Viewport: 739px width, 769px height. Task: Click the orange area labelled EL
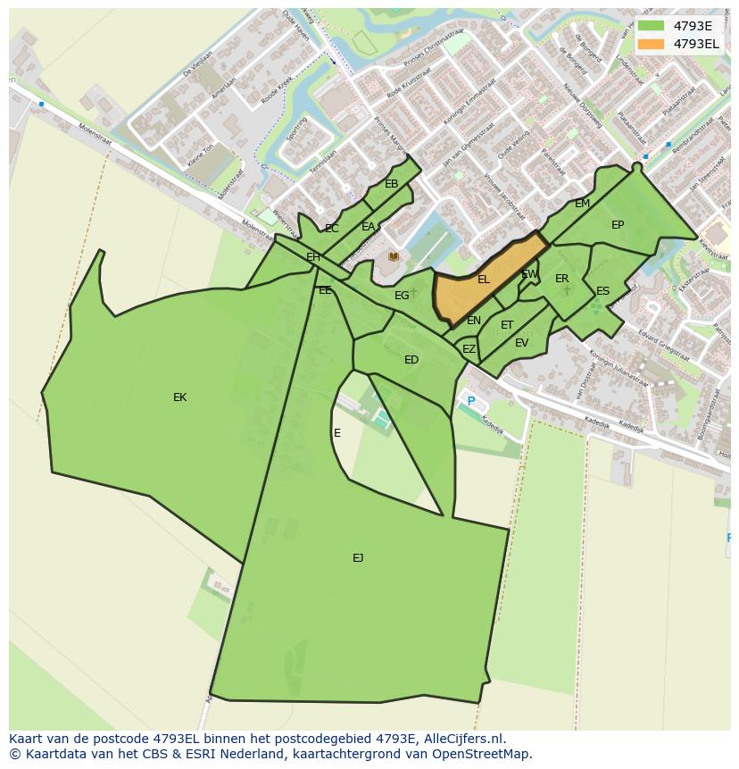coord(483,280)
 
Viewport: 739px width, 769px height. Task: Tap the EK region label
coord(179,397)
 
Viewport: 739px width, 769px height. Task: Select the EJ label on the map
coord(358,558)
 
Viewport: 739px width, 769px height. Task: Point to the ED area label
coord(411,360)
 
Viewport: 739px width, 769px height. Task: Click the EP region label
coord(618,225)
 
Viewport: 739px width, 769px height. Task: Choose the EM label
coord(582,204)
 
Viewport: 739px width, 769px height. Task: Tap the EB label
coord(391,184)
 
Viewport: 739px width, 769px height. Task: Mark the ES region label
coord(602,291)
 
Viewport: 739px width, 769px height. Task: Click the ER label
coord(561,279)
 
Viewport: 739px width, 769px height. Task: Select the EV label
coord(521,343)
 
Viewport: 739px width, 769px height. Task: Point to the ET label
coord(507,325)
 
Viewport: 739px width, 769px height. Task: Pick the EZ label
coord(469,349)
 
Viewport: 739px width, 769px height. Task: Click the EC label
coord(332,229)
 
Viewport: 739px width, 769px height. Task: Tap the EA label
coord(368,227)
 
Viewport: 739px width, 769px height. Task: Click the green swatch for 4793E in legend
coord(652,26)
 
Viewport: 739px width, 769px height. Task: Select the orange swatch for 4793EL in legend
coord(652,44)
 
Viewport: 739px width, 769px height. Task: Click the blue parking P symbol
coord(471,402)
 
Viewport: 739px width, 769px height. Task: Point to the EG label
coord(402,296)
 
